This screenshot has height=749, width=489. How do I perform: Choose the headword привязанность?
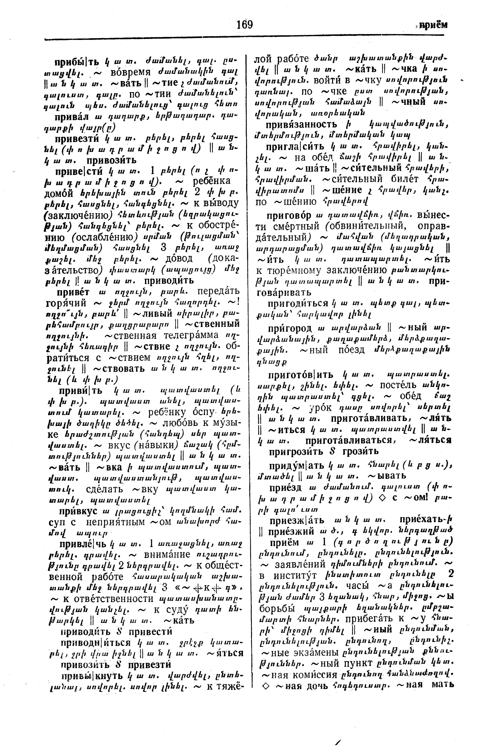(301, 125)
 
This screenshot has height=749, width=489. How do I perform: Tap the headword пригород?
(290, 328)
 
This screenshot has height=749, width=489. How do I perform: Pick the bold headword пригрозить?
(296, 451)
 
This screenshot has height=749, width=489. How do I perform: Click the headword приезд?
(285, 487)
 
